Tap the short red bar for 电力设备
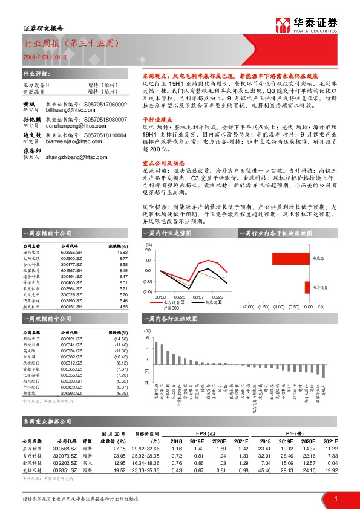[307, 287]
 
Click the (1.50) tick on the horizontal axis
[264, 307]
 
